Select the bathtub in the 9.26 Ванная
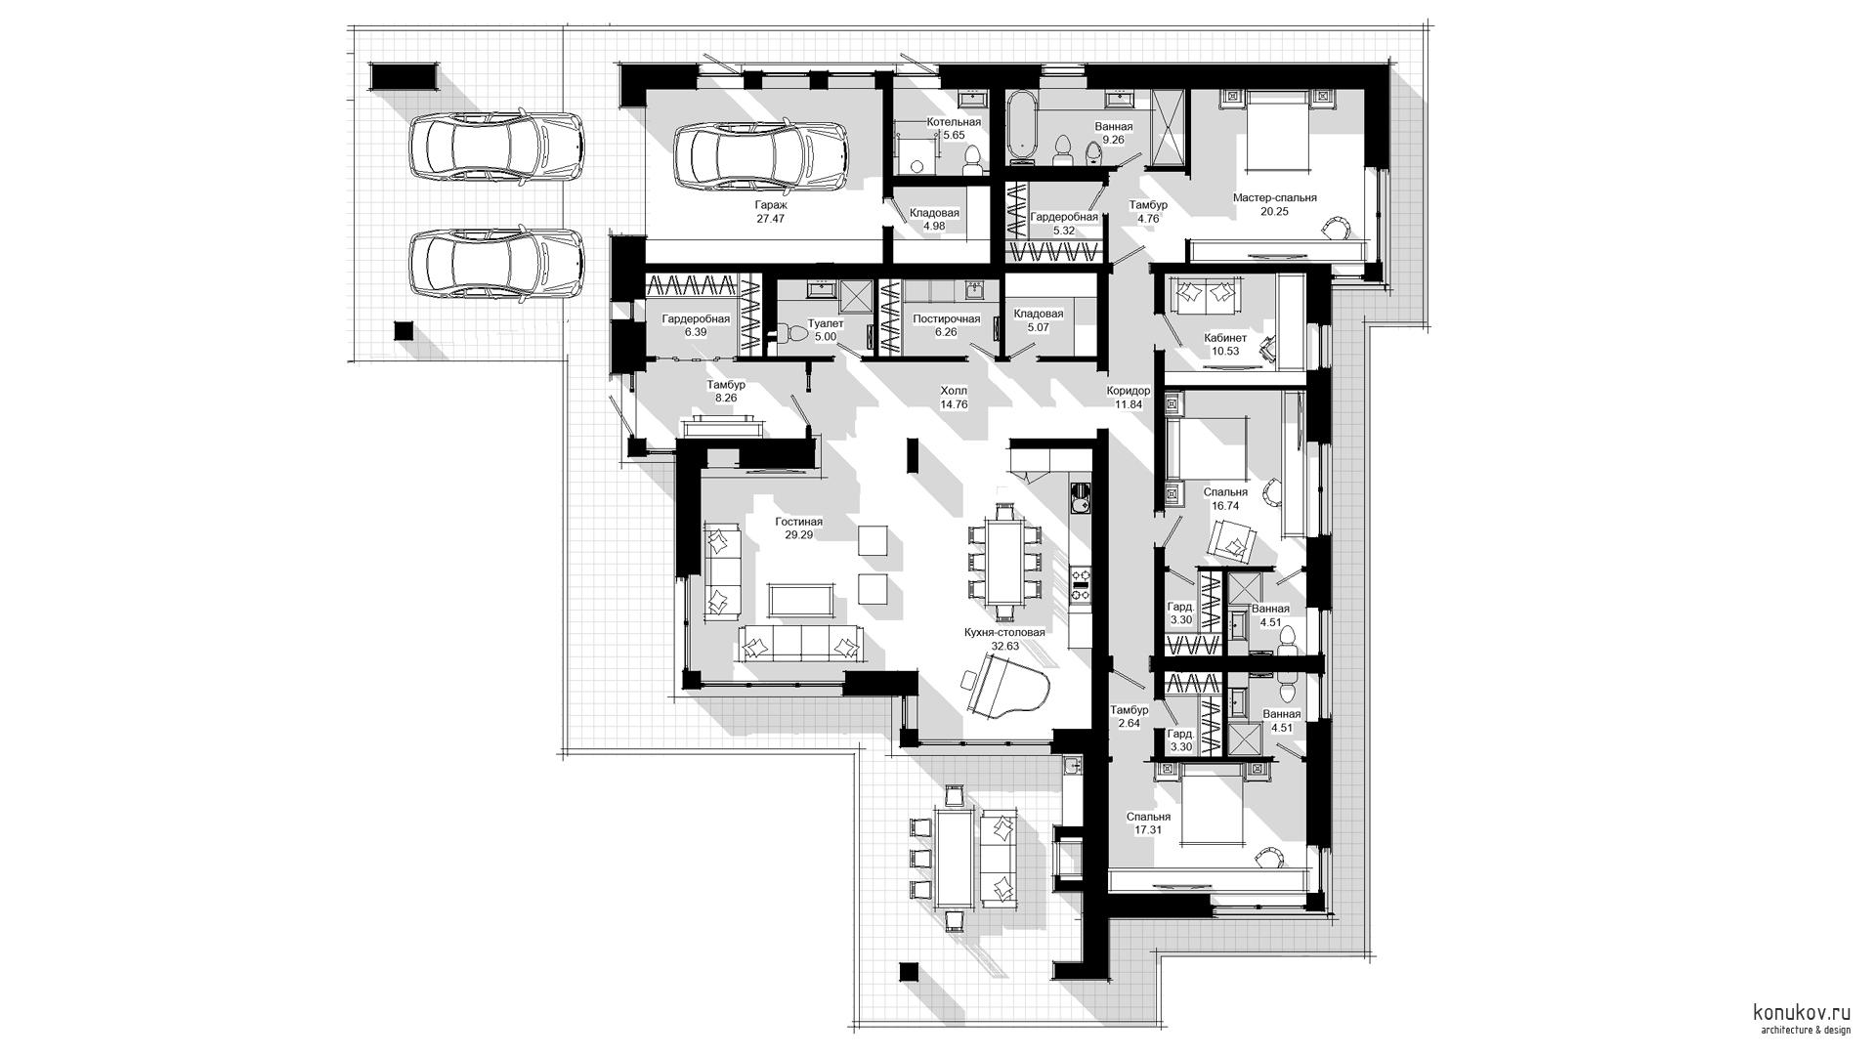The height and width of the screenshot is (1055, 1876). coord(1022,124)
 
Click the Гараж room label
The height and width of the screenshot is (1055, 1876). coord(770,205)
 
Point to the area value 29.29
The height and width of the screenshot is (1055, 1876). coord(798,534)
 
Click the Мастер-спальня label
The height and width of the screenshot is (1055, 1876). coord(1274,197)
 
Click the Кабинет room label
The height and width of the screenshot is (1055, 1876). coord(1225,338)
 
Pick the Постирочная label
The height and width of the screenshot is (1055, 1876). coord(946,319)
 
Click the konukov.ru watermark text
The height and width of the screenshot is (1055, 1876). coord(1802,1013)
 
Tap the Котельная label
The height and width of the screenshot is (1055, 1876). coord(954,122)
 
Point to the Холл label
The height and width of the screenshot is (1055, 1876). coord(953,391)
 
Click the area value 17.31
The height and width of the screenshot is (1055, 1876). coord(1148,829)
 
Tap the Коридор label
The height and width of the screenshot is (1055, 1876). coord(1129,391)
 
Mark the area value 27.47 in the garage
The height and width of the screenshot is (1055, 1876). coord(770,219)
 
